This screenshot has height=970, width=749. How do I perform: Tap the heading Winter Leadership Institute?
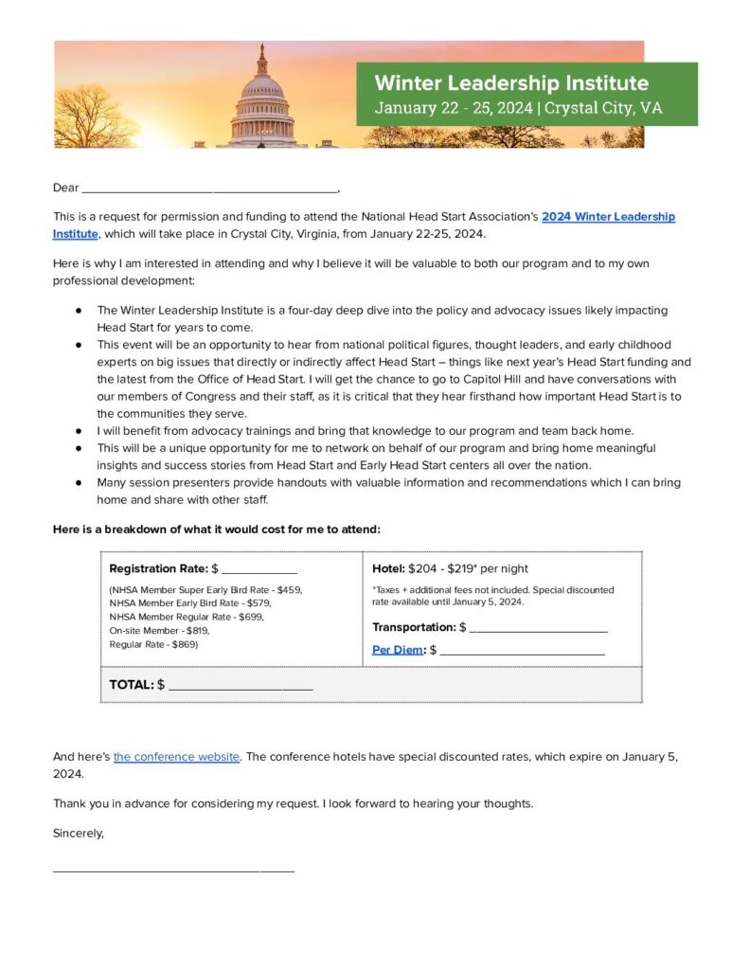pyautogui.click(x=511, y=82)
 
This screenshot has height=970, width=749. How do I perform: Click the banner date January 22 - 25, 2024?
pyautogui.click(x=454, y=108)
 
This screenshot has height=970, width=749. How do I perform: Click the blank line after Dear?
pyautogui.click(x=208, y=188)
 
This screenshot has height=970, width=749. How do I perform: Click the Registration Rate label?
pyautogui.click(x=158, y=568)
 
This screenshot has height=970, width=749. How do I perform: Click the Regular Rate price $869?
pyautogui.click(x=185, y=644)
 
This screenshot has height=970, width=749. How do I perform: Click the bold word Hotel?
pyautogui.click(x=388, y=568)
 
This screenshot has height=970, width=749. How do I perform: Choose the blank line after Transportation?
pyautogui.click(x=538, y=628)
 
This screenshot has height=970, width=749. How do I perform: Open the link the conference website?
pyautogui.click(x=176, y=757)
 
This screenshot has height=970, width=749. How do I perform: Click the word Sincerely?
pyautogui.click(x=78, y=834)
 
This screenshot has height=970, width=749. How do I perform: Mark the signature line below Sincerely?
pyautogui.click(x=173, y=869)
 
